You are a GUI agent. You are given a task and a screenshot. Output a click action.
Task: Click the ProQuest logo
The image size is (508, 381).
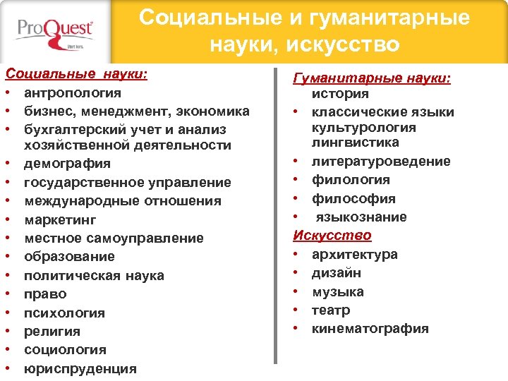tap(56, 32)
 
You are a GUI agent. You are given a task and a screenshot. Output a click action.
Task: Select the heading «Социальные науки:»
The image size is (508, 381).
tap(76, 73)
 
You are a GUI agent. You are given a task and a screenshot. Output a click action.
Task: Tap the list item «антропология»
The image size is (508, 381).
tap(72, 92)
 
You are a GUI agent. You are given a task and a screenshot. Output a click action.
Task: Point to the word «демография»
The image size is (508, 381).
tap(67, 164)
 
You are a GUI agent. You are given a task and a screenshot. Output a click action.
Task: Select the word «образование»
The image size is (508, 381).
tap(69, 257)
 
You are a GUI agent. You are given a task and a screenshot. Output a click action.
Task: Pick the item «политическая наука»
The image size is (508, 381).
tap(94, 275)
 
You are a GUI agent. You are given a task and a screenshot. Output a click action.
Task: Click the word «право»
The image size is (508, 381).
tap(45, 294)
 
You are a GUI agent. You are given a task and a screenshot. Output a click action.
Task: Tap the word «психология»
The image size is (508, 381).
tap(64, 313)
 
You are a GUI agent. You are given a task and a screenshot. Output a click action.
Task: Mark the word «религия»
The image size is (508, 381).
tap(52, 331)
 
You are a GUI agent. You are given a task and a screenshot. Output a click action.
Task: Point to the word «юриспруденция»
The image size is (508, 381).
tap(80, 368)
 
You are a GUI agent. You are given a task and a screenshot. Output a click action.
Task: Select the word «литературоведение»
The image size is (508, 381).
tap(381, 162)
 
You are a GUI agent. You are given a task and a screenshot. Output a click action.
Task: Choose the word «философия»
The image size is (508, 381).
tap(353, 199)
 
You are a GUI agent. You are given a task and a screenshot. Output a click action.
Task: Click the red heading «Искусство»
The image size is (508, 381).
tap(333, 236)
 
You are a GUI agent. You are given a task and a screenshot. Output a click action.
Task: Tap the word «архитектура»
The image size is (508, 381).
tap(355, 254)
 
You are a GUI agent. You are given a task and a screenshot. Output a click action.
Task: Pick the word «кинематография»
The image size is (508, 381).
tap(370, 329)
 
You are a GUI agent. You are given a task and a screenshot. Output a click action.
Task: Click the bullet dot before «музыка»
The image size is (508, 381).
tap(298, 292)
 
